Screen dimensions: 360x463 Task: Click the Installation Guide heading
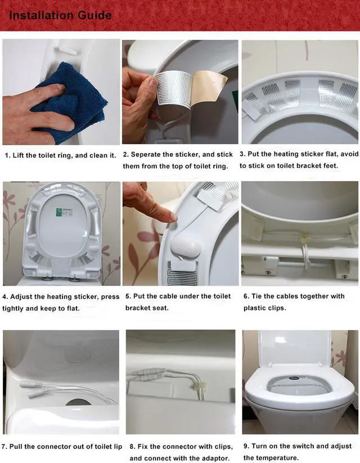[x=61, y=15]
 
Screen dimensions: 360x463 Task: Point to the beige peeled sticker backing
[x=209, y=87]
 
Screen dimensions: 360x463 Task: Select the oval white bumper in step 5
[x=186, y=246]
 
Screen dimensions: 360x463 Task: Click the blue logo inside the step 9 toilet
[x=294, y=378]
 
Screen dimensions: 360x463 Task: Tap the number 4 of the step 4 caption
[x=4, y=296]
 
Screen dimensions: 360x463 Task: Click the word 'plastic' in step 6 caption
[x=254, y=308]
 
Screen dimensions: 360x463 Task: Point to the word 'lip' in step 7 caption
[x=118, y=447]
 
